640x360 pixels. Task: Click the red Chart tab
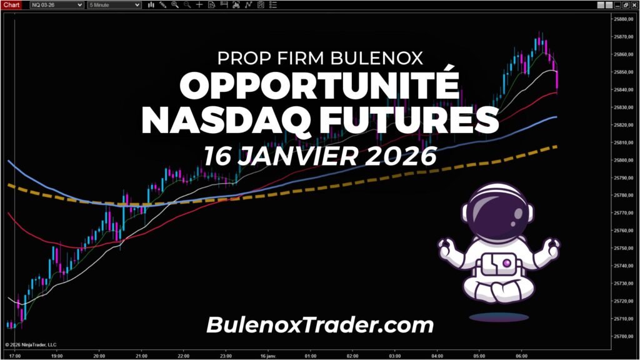tap(12, 4)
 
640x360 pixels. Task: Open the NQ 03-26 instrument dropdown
tap(57, 5)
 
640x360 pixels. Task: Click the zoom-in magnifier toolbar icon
tap(174, 5)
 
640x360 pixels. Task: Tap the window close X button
tap(634, 5)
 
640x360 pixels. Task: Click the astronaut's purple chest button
tap(499, 264)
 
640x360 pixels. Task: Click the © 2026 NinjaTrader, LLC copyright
tap(31, 344)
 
